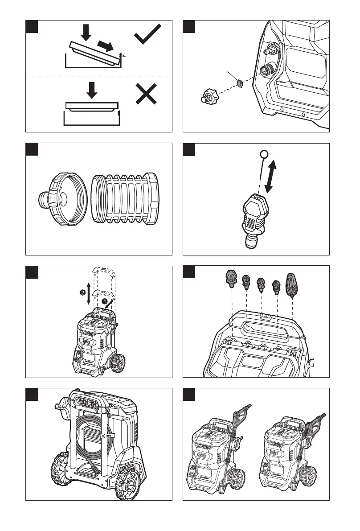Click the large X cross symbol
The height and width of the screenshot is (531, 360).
tap(147, 96)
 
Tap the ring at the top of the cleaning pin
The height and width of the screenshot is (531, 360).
tap(263, 154)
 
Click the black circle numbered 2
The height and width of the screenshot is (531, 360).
tap(82, 293)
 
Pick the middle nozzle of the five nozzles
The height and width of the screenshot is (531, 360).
tap(261, 284)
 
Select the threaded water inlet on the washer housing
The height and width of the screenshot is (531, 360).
tap(269, 70)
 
